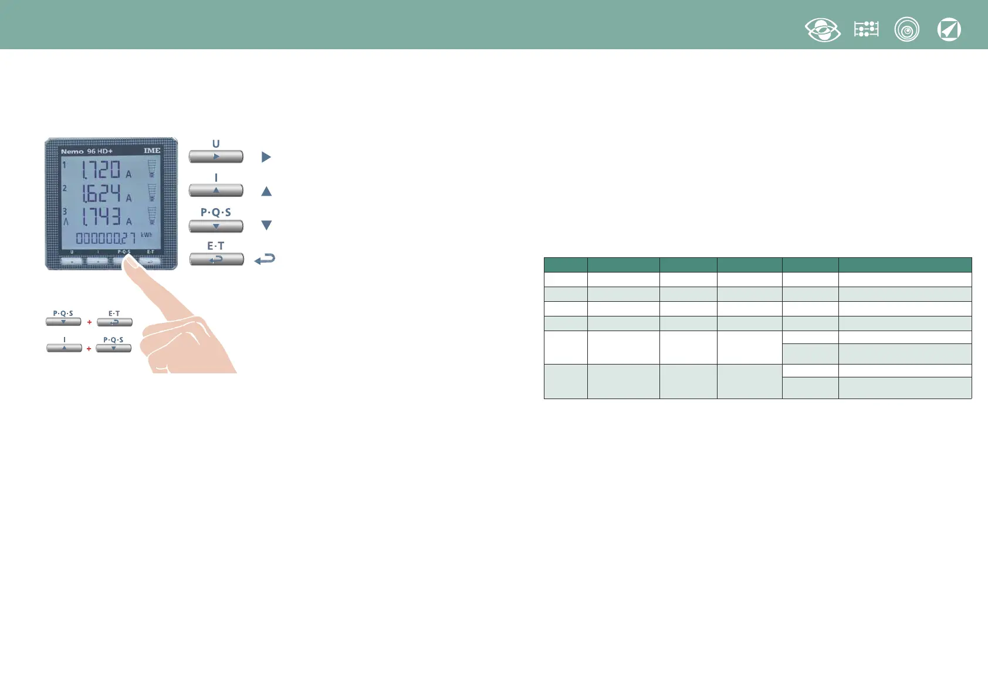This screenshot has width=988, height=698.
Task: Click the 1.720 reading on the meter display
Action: (101, 170)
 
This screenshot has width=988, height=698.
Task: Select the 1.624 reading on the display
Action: (101, 193)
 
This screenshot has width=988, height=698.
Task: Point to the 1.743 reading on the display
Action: (101, 217)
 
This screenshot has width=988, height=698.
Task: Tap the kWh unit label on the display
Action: (146, 235)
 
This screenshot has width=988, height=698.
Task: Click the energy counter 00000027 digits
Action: (106, 238)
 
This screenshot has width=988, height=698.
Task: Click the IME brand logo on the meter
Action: (152, 151)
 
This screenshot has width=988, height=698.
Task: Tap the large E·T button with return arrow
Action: (216, 259)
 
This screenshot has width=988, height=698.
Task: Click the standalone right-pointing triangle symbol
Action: (266, 157)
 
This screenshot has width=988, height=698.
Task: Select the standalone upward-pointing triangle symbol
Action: (266, 191)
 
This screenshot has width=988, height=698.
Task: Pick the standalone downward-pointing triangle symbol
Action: (266, 226)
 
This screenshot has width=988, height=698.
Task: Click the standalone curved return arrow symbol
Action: (265, 259)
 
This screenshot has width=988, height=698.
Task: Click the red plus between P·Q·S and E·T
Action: (89, 322)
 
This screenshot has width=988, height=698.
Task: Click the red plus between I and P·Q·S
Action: (89, 349)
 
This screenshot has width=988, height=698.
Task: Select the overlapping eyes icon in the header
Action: (823, 30)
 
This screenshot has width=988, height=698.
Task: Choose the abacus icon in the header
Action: (866, 29)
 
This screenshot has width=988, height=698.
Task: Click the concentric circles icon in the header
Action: (907, 30)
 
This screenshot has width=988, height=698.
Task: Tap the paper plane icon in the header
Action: (949, 30)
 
